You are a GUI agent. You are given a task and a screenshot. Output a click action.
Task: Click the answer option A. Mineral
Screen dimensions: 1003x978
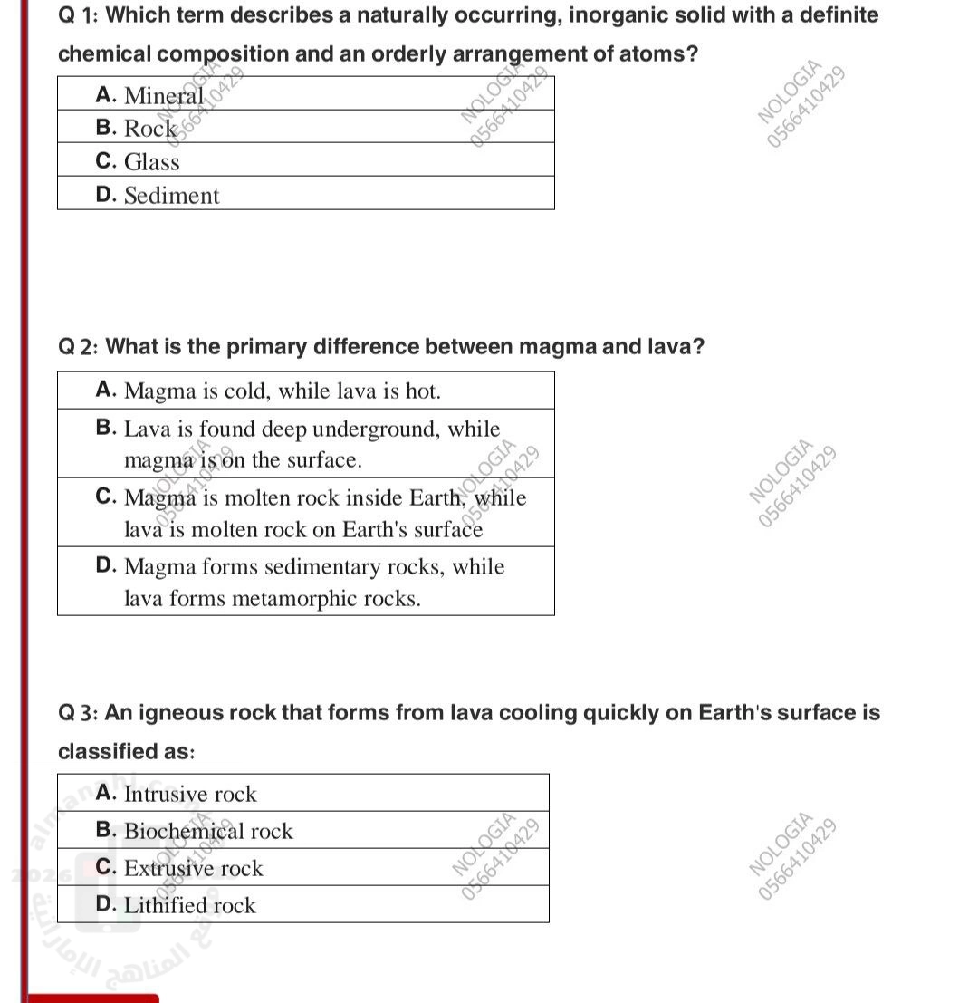[x=150, y=95]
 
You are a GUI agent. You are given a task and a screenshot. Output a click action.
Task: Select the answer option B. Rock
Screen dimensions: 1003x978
[x=136, y=129]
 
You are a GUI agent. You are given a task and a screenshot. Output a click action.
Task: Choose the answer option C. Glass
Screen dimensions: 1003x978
[x=138, y=162]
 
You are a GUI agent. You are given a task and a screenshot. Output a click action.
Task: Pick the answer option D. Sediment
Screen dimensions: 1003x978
[x=158, y=196]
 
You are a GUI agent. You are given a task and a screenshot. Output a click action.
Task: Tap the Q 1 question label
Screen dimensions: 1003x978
[x=78, y=15]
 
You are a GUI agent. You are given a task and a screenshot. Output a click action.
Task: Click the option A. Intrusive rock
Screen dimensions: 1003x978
[x=177, y=794]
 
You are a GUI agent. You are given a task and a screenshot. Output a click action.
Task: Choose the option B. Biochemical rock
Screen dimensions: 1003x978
[x=195, y=831]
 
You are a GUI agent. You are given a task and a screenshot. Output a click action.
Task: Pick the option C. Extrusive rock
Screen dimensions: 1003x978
[x=179, y=868]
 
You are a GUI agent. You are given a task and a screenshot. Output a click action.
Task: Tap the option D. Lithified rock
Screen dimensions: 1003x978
[x=176, y=905]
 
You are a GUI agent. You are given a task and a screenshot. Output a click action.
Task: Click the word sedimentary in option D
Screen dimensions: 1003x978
[x=340, y=567]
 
